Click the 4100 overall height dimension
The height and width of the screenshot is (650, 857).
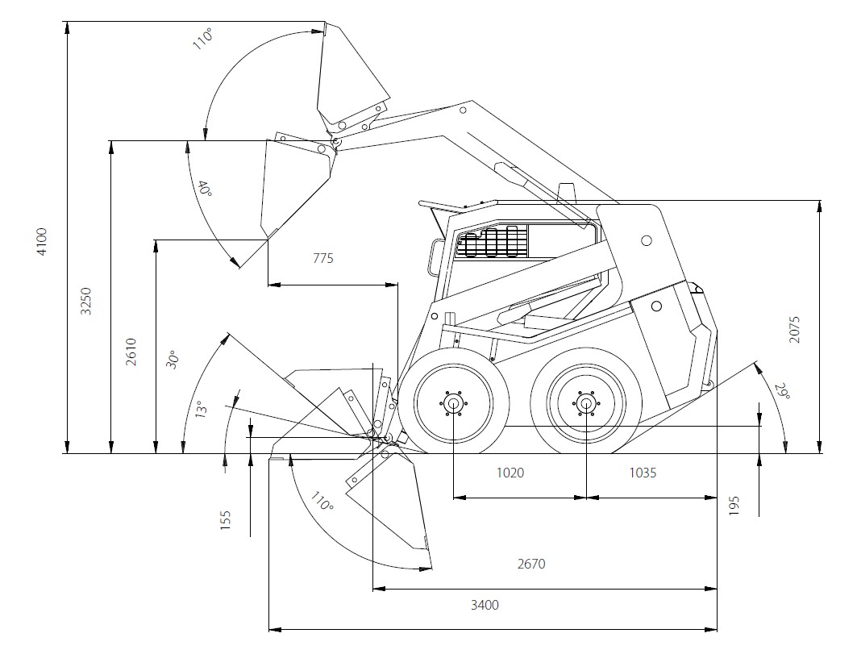[x=42, y=240]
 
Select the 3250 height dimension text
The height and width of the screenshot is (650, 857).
[x=85, y=302]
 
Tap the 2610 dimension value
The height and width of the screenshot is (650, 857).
[x=131, y=352]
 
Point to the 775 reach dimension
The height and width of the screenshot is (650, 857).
[x=323, y=258]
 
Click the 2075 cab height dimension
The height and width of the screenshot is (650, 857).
[x=795, y=329]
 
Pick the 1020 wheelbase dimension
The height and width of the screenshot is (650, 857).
[x=510, y=473]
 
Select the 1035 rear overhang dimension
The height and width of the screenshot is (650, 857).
[x=643, y=473]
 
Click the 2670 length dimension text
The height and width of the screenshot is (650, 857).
[x=531, y=564]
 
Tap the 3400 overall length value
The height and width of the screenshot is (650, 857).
[x=485, y=605]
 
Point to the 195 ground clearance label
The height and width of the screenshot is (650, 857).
[x=734, y=506]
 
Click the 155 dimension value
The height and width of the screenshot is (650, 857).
[x=225, y=520]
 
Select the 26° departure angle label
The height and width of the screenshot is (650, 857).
[x=783, y=391]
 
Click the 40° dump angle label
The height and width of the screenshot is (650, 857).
[x=205, y=189]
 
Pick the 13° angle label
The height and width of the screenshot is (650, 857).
[x=200, y=409]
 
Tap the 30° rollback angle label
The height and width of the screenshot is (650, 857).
[x=173, y=360]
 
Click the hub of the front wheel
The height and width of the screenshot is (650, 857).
[x=453, y=404]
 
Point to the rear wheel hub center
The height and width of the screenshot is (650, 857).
[x=586, y=404]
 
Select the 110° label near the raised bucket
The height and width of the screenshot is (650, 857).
[x=202, y=40]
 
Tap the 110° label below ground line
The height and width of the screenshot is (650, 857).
[x=322, y=502]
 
